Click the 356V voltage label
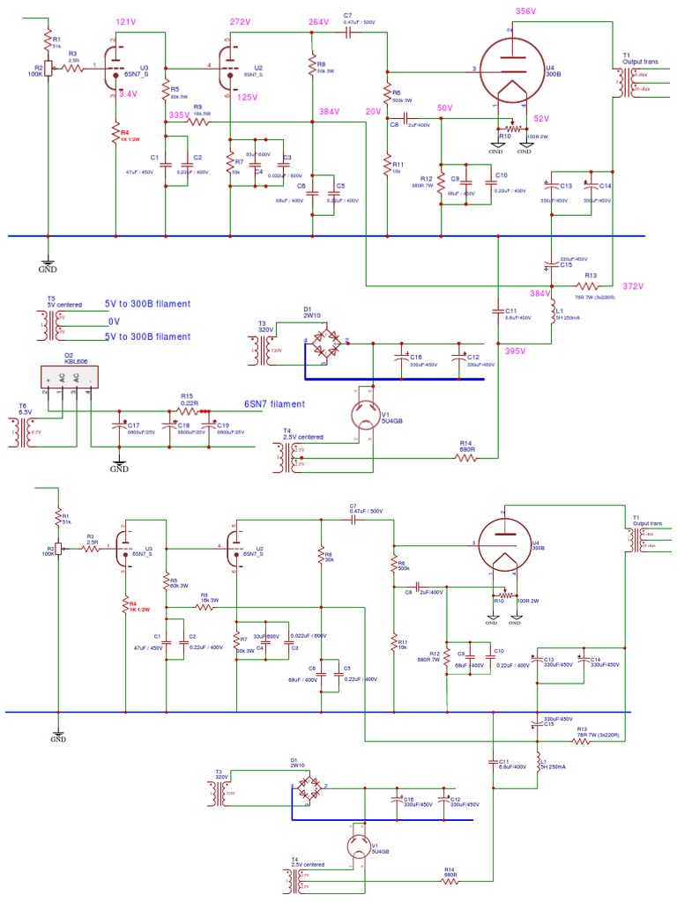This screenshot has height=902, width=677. click(525, 11)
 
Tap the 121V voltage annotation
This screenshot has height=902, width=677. click(127, 21)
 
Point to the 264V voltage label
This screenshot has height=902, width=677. click(319, 21)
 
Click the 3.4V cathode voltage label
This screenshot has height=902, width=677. click(128, 93)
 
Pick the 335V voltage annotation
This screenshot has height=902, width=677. click(179, 115)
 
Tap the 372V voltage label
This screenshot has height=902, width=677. click(634, 286)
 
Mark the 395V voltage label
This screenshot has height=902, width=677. click(516, 351)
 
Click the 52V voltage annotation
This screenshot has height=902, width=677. click(540, 119)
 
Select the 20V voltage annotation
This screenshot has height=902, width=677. click(373, 112)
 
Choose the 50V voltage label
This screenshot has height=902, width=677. click(444, 107)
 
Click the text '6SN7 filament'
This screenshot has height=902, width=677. click(275, 404)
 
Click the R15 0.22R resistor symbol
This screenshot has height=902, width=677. click(187, 410)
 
